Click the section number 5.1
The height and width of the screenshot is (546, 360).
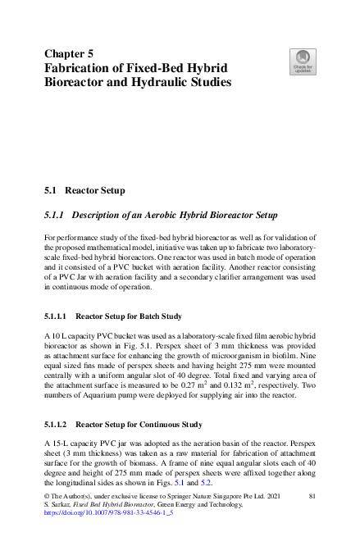click(51, 191)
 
